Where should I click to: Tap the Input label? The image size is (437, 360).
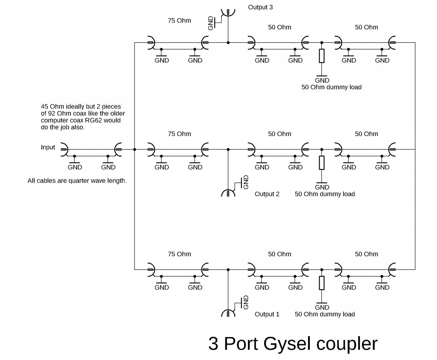(48, 147)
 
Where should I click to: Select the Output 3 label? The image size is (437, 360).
(260, 7)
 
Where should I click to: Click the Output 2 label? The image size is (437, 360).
(267, 194)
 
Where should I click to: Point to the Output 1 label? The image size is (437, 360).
(267, 314)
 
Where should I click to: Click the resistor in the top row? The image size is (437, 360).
(322, 56)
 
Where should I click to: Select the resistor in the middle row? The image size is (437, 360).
(322, 163)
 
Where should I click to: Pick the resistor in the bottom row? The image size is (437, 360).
(322, 283)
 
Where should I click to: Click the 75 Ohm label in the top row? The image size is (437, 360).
(180, 20)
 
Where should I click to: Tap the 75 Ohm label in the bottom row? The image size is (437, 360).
(180, 254)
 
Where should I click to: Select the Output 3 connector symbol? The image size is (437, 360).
(228, 12)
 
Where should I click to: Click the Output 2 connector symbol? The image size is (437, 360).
(228, 193)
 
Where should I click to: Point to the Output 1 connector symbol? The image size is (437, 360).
(228, 313)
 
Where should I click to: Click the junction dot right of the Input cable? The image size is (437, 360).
(134, 149)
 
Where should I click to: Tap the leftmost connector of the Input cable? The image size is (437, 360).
(64, 149)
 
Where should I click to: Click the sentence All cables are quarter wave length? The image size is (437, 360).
(77, 181)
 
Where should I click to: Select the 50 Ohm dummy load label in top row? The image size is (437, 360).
(332, 87)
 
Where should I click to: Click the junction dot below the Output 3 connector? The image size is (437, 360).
(228, 43)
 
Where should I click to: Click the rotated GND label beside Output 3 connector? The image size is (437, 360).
(210, 23)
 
